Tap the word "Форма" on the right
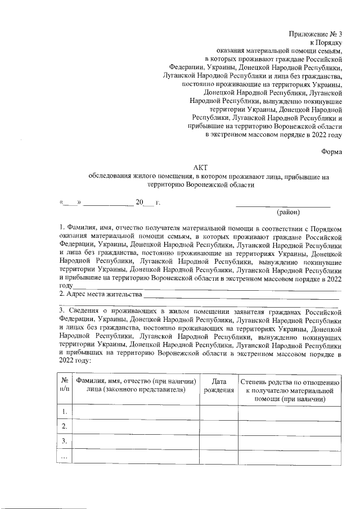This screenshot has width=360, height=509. [331, 151]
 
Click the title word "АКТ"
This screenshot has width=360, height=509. [200, 167]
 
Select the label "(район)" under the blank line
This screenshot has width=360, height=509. [289, 212]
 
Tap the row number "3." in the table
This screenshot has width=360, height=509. [65, 441]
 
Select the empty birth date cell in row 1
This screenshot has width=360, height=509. [219, 413]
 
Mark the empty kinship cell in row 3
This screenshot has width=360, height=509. [290, 441]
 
